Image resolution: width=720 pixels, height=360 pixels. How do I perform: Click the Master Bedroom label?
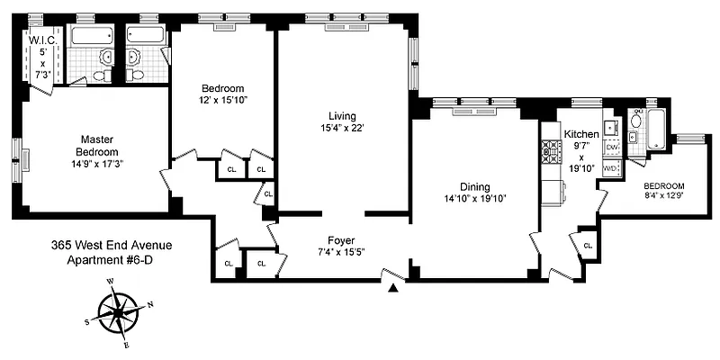(x=96, y=145)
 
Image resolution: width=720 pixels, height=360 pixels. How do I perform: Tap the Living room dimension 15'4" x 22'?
(x=343, y=128)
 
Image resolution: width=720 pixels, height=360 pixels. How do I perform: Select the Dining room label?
(x=473, y=185)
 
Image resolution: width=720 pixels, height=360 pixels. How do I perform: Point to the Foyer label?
(x=342, y=240)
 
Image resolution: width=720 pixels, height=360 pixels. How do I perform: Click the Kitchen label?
(x=581, y=134)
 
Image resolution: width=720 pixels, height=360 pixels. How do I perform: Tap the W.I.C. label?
(x=42, y=40)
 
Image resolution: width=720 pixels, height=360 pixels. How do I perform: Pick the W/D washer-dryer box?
(x=610, y=168)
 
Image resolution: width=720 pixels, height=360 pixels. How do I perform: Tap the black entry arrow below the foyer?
(x=392, y=288)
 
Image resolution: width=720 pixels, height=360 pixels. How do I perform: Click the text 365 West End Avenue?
(x=112, y=245)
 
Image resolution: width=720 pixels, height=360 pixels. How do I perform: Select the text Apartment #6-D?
(x=112, y=260)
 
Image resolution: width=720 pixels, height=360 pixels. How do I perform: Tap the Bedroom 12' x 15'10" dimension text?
(x=223, y=100)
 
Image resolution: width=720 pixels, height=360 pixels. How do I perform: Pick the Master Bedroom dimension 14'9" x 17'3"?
(x=96, y=165)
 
